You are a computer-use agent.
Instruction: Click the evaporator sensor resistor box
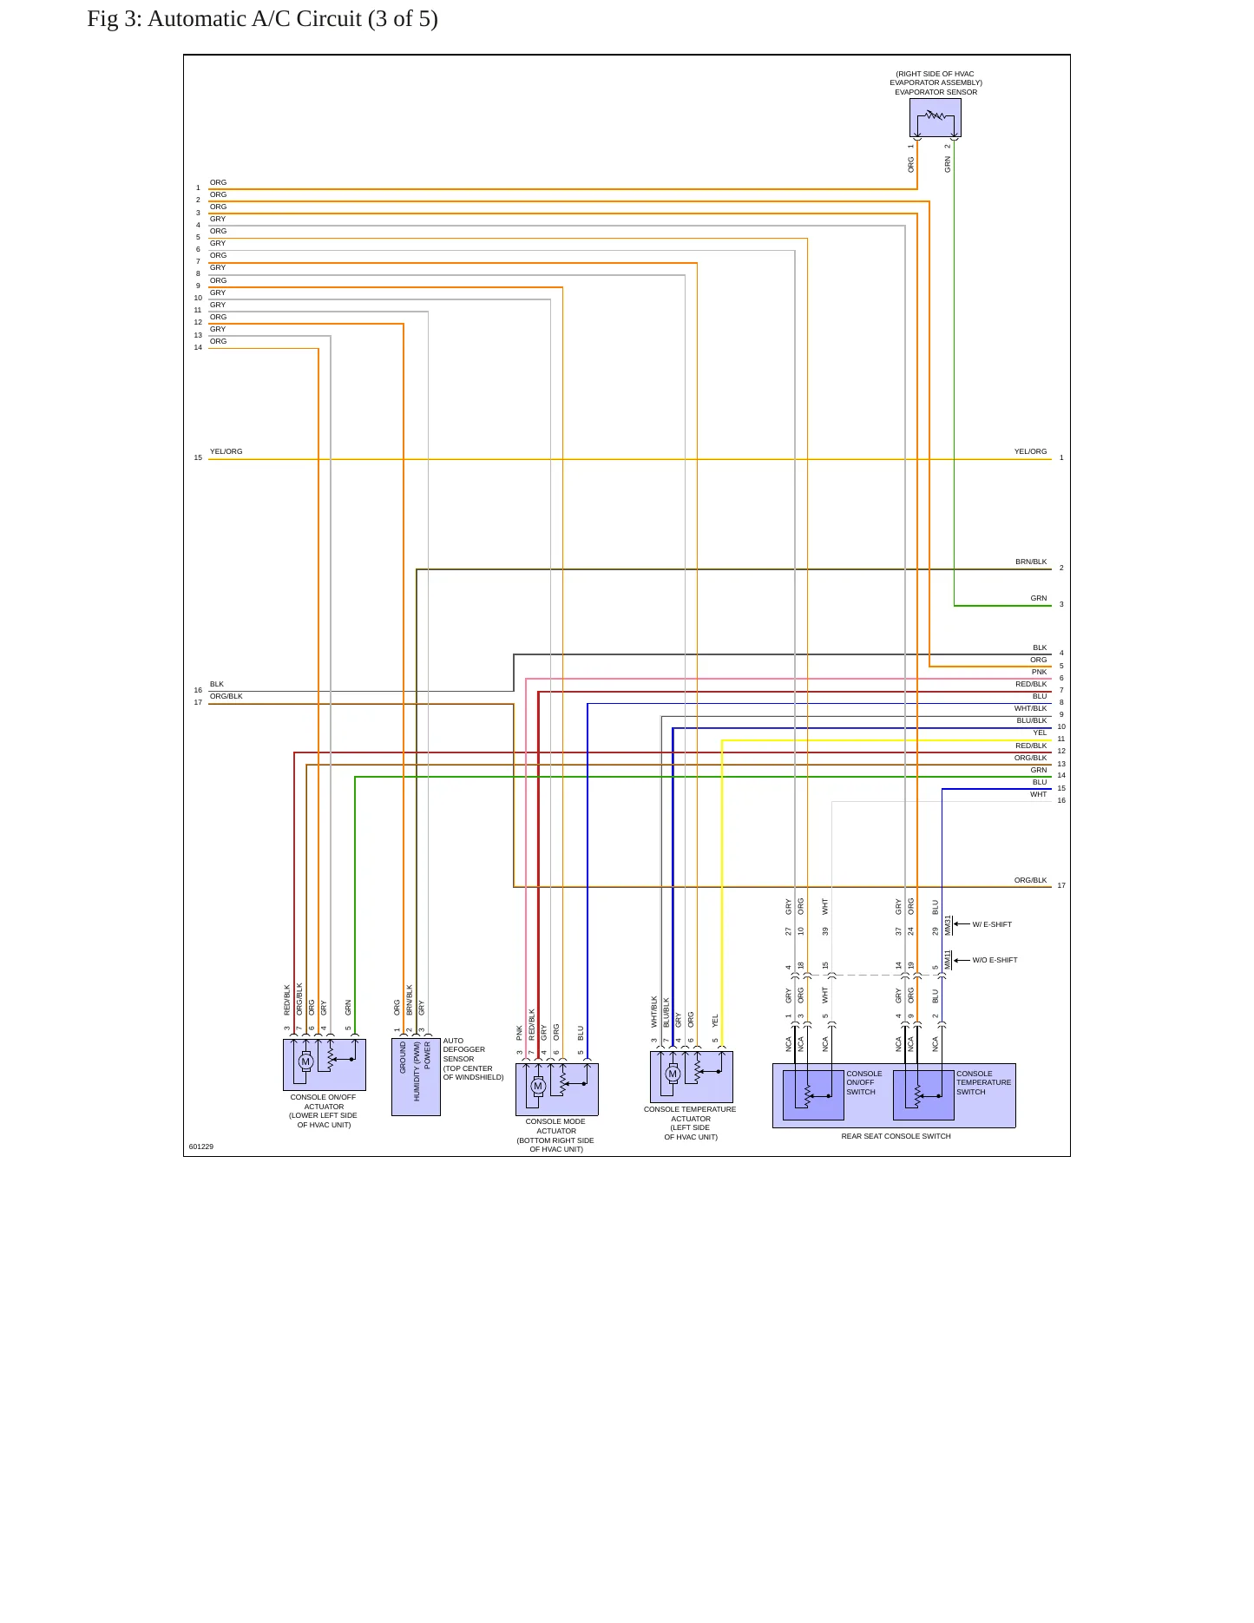(x=935, y=117)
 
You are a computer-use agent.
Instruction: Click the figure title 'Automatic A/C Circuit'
(x=254, y=19)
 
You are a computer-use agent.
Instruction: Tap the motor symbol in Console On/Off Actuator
(x=305, y=1061)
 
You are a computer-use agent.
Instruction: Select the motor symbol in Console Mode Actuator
(x=538, y=1086)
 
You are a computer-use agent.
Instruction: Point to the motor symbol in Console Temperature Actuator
(x=673, y=1074)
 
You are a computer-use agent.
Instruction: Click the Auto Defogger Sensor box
(x=416, y=1077)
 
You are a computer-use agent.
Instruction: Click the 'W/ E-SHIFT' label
(x=992, y=924)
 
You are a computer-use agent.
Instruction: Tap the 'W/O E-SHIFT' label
(x=995, y=960)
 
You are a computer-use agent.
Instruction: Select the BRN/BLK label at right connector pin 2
(x=1031, y=562)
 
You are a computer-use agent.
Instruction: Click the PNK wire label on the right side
(x=1039, y=672)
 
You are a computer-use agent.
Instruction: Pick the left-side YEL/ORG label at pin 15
(x=226, y=451)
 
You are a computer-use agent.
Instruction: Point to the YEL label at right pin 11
(x=1040, y=733)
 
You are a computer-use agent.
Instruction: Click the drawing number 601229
(x=201, y=1147)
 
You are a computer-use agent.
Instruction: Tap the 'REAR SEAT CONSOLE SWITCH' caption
(x=896, y=1136)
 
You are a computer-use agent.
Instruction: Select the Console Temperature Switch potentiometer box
(x=923, y=1095)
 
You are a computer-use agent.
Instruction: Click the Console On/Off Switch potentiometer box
(x=813, y=1095)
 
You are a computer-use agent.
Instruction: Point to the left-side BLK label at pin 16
(x=217, y=684)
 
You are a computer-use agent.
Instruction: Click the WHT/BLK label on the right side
(x=1030, y=708)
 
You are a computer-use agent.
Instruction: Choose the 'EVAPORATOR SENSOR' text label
(x=936, y=92)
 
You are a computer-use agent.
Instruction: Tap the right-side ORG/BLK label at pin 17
(x=1030, y=880)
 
